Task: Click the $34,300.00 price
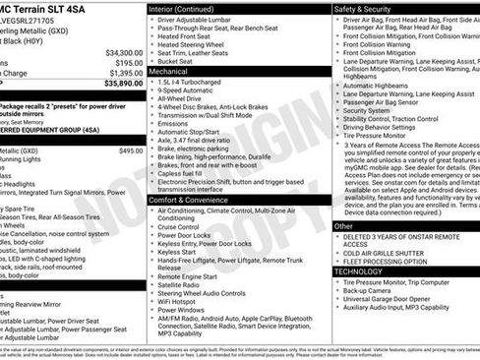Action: coord(123,51)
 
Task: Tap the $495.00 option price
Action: coord(131,150)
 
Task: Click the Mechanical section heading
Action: coord(169,72)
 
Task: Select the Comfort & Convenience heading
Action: coord(191,172)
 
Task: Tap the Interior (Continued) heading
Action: coord(185,8)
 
